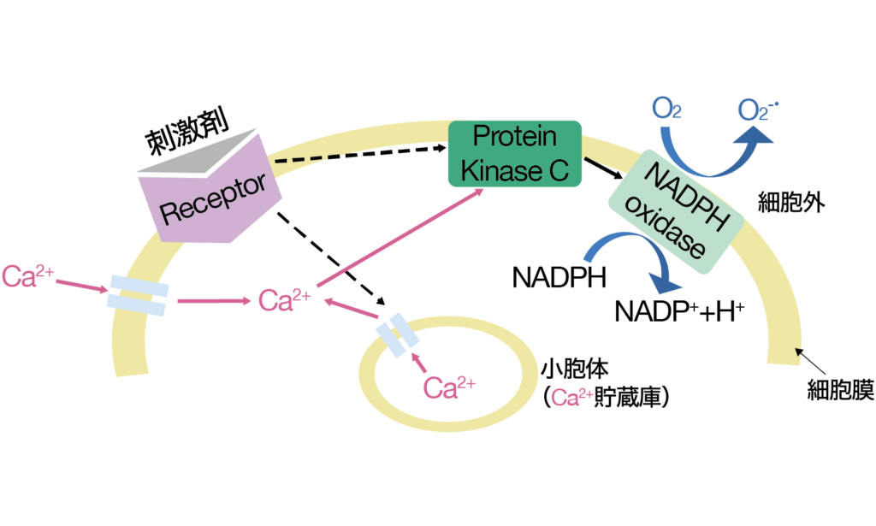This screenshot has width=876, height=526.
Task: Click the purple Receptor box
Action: [x=210, y=195]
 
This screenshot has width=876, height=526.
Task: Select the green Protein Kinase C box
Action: [x=515, y=154]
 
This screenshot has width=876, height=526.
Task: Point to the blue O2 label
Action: [x=667, y=109]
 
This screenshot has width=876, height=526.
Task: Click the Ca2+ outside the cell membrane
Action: [x=28, y=275]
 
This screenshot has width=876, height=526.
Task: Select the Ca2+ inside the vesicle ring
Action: [x=449, y=388]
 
